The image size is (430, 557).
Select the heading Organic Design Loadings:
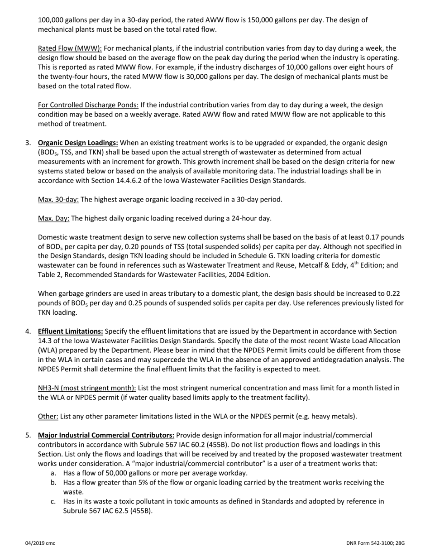[x=78, y=143]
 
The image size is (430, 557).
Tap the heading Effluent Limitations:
[x=70, y=331]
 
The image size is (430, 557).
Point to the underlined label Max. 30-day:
[x=58, y=199]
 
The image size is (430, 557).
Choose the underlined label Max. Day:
[x=53, y=218]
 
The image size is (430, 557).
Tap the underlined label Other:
[x=48, y=416]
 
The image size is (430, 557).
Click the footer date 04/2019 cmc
[x=40, y=543]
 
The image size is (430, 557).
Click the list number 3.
[x=28, y=143]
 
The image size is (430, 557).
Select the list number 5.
[x=28, y=435]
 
